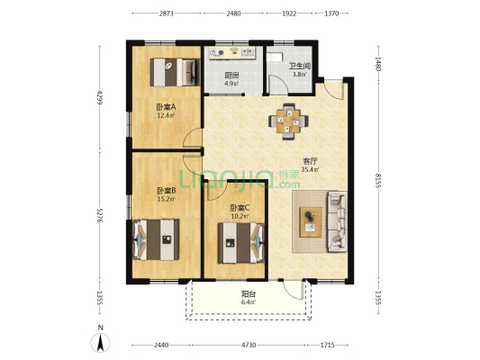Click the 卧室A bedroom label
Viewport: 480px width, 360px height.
click(166, 107)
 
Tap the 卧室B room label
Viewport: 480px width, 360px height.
click(166, 191)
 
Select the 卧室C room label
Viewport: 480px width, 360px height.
click(240, 208)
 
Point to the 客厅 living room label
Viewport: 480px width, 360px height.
click(310, 161)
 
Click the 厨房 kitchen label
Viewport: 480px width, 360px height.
click(231, 76)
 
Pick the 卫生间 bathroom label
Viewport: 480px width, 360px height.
click(300, 66)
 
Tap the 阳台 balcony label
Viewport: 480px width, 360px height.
click(249, 294)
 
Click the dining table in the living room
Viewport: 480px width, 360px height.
click(288, 121)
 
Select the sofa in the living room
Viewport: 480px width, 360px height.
click(337, 221)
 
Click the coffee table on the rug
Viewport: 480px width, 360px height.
click(311, 222)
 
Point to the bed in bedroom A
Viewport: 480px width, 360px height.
click(175, 73)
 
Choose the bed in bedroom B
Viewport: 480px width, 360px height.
click(156, 239)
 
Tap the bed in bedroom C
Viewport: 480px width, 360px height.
click(241, 243)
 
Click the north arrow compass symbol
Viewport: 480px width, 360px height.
click(100, 343)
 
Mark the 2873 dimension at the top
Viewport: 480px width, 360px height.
click(167, 13)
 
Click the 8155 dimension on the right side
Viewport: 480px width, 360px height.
click(378, 181)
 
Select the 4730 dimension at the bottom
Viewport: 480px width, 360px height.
click(249, 345)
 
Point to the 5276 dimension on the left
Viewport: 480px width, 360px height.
click(99, 215)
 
